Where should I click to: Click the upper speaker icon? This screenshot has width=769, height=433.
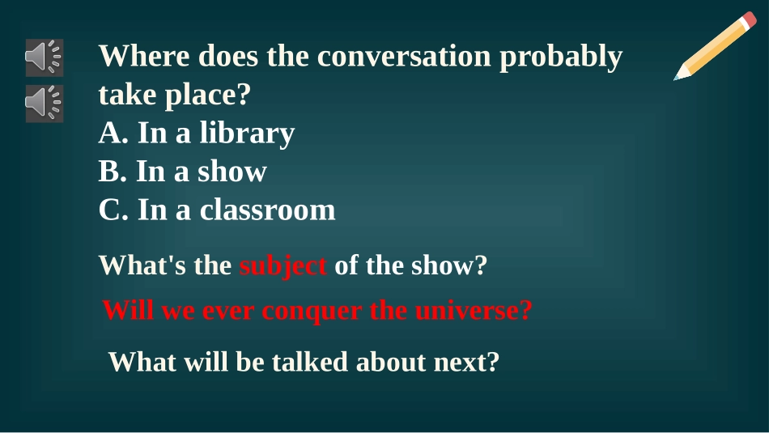[x=44, y=57]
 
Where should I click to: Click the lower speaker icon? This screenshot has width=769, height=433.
[x=44, y=103]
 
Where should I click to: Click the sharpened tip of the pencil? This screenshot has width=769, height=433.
[x=678, y=78]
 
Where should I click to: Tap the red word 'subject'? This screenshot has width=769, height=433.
[x=283, y=266]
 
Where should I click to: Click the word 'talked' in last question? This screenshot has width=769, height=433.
[x=308, y=362]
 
